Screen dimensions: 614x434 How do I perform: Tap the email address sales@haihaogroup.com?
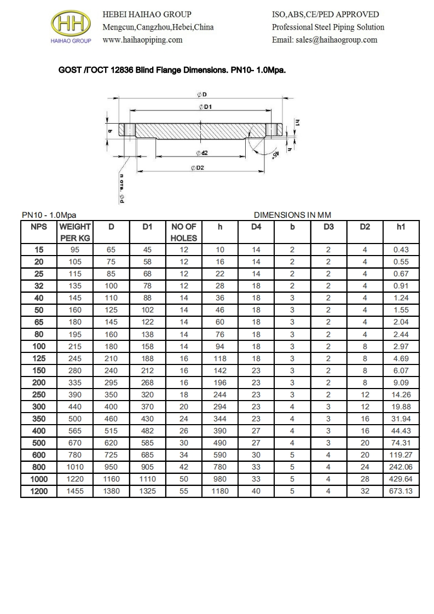coord(325,40)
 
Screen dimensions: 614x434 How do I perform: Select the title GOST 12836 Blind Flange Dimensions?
coord(172,71)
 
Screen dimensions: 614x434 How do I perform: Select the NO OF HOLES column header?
coord(184,232)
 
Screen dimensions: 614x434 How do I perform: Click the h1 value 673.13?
coord(401,491)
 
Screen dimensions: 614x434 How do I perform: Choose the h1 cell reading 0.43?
coord(401,250)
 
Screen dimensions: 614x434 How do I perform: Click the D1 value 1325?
coord(147,491)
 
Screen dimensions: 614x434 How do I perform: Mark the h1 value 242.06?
coord(401,467)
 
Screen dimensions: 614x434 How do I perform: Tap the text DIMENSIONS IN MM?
coord(293,215)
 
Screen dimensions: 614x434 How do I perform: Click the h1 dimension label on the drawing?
coord(297,124)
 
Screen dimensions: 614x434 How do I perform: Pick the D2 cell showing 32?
coord(364,491)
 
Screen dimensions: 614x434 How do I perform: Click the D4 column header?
coord(256,226)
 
